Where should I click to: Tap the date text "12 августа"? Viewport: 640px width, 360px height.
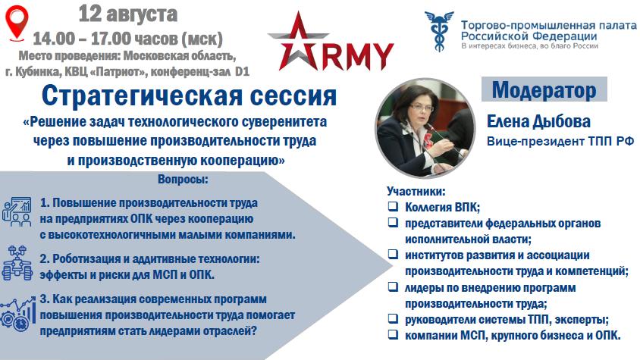click(x=127, y=14)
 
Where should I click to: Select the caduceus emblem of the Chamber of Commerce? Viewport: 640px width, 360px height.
click(x=439, y=31)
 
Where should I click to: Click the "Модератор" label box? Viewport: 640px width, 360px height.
click(x=544, y=89)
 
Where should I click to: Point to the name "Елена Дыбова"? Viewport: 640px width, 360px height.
click(x=539, y=121)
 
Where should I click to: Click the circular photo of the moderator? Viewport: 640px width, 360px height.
click(x=425, y=128)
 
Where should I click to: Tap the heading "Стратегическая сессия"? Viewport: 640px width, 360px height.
click(x=189, y=96)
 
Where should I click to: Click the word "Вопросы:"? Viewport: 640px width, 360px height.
click(x=183, y=180)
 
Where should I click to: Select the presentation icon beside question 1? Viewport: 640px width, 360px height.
click(x=17, y=212)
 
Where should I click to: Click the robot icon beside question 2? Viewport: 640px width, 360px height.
click(x=17, y=263)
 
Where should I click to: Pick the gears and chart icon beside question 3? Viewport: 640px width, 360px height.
click(x=17, y=314)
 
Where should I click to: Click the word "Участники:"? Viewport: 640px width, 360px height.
click(x=416, y=191)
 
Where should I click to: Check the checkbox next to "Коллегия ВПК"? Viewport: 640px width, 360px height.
click(x=393, y=206)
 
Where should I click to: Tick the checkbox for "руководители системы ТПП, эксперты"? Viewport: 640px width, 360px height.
click(x=393, y=318)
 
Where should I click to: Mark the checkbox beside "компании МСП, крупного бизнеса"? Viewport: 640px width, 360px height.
click(x=393, y=334)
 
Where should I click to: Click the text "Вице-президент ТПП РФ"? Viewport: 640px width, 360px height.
click(x=560, y=142)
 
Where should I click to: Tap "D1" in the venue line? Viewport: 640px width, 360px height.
click(x=242, y=72)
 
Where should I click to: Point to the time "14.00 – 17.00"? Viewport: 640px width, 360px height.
click(x=82, y=39)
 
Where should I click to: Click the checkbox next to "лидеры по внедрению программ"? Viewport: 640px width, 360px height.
click(x=393, y=286)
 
